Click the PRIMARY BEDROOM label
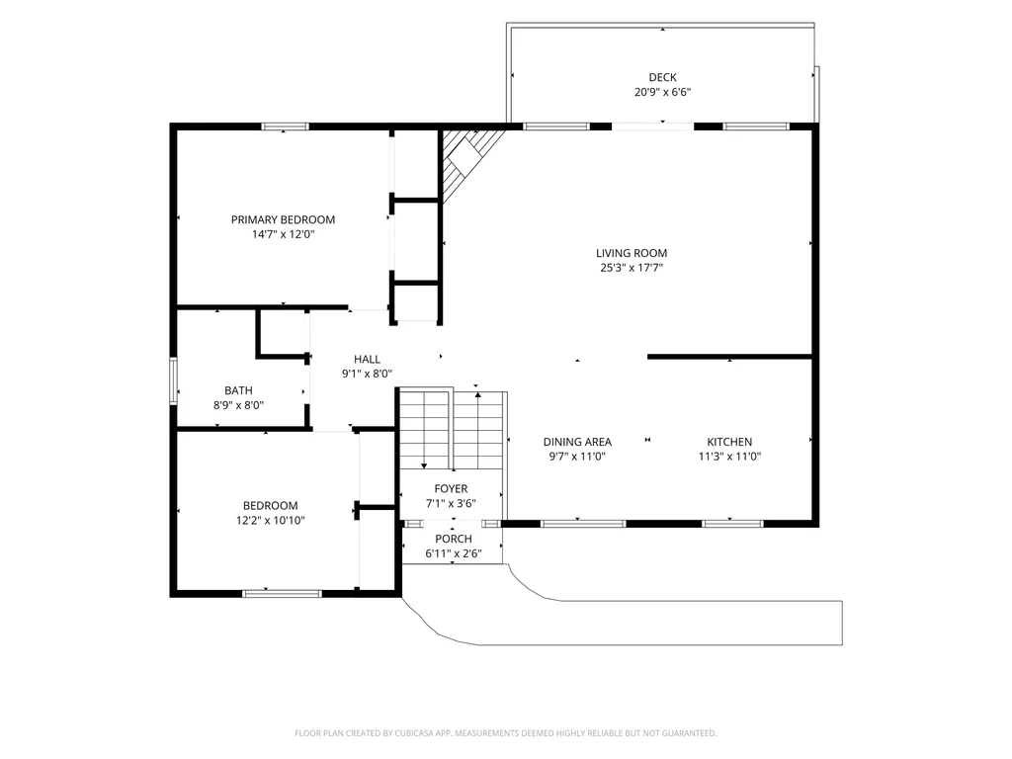point(283,219)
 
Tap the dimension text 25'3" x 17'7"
point(632,268)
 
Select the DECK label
point(663,77)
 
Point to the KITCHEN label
point(729,442)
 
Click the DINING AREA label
point(577,442)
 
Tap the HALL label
point(367,360)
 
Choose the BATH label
point(238,390)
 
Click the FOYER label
point(451,489)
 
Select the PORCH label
point(453,539)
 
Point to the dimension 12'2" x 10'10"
point(271,520)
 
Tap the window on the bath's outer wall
point(173,380)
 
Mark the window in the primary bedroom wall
point(286,126)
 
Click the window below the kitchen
point(732,524)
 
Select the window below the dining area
point(583,524)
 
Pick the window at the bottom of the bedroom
point(282,593)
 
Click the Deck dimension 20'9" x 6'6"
point(663,92)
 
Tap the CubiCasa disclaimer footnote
point(505,733)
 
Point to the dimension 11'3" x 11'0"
point(730,457)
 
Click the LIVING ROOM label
point(632,253)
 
